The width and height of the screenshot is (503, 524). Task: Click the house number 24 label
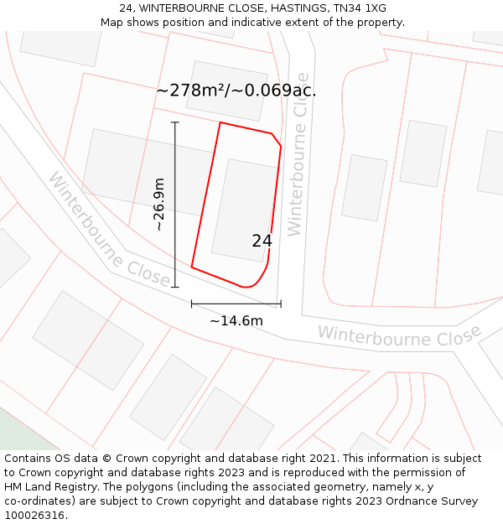tap(262, 241)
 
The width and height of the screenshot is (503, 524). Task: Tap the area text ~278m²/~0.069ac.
tap(236, 91)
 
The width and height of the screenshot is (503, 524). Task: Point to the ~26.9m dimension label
tap(159, 205)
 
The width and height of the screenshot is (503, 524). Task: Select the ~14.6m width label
tap(236, 320)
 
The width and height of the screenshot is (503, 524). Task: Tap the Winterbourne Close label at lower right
tap(399, 335)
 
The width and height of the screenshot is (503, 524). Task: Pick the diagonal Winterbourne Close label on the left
tap(109, 230)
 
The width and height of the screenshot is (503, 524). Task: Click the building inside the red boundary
tap(244, 210)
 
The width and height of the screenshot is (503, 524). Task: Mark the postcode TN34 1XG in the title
tap(358, 8)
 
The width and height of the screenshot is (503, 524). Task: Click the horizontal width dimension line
tap(236, 304)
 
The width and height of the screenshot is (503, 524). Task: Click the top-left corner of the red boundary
tap(220, 123)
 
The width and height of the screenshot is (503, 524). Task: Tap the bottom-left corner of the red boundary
tap(192, 267)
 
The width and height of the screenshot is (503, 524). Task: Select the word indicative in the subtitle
tap(243, 23)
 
